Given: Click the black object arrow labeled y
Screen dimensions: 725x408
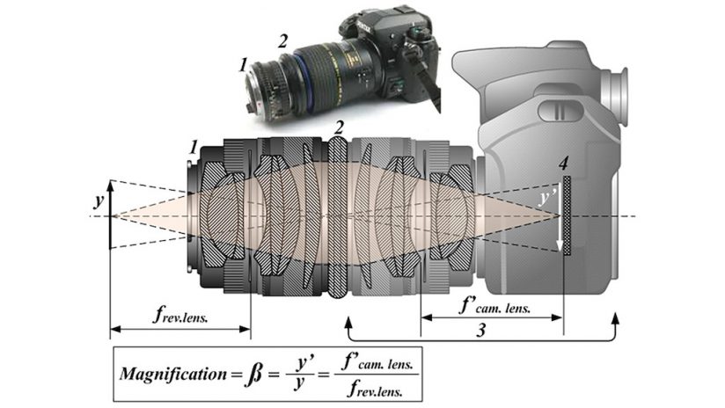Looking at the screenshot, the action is (110, 215).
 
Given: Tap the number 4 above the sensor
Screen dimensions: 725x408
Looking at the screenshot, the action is (563, 164).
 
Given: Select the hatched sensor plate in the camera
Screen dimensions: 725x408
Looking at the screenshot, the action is (568, 215).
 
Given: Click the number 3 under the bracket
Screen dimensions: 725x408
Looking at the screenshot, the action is (481, 330).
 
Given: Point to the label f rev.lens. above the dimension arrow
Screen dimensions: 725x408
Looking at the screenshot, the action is (180, 315).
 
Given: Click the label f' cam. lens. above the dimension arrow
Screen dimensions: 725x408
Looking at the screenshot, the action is (494, 306).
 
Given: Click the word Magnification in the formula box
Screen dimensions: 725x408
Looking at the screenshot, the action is (173, 374).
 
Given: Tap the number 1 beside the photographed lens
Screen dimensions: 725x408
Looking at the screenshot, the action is (244, 65).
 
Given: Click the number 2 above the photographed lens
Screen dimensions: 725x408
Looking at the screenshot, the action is (282, 41).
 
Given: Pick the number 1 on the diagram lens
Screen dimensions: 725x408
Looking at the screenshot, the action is (194, 148).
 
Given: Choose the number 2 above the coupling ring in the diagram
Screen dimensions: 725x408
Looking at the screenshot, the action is (340, 127).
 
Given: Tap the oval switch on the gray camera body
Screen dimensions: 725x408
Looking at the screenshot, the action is (560, 111).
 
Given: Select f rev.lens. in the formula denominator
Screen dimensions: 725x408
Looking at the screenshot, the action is (376, 391).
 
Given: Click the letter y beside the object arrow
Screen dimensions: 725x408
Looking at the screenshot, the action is (99, 200).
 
